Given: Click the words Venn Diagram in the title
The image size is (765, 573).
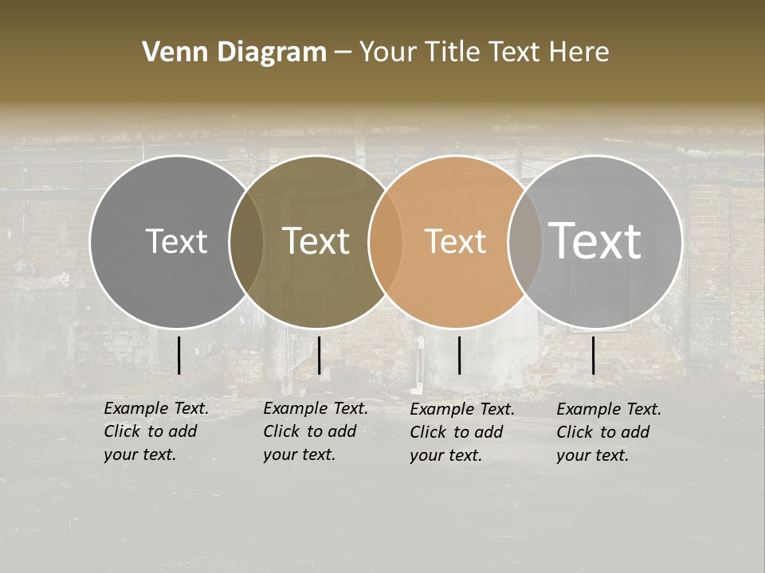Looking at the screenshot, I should point(234,53).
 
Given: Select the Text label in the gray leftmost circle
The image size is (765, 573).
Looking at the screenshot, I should point(176,241).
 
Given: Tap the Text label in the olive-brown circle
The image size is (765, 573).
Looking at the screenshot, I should point(316,241).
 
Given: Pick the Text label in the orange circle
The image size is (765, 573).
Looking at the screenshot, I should point(455,241).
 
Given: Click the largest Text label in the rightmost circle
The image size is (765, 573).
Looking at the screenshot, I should point(595,241).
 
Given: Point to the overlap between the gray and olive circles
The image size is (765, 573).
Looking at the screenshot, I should point(246,241).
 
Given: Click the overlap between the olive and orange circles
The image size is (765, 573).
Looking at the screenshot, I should point(386,241).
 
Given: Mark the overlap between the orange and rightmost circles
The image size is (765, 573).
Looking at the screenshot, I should point(525,241).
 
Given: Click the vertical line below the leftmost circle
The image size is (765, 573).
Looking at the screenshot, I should point(178,355).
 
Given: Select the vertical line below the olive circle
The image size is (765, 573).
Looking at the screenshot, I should point(319,355).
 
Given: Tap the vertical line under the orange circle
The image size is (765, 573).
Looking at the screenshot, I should point(459,355).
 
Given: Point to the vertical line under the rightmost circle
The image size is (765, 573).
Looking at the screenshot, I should point(594,355).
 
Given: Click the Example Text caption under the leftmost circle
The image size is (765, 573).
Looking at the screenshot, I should point(155,431).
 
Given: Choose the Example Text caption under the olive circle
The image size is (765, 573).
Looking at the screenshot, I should point(315,431).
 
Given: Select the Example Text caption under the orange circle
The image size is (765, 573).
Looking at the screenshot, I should point(461,432).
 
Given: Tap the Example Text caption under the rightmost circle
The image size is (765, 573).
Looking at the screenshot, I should point(608,432).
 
